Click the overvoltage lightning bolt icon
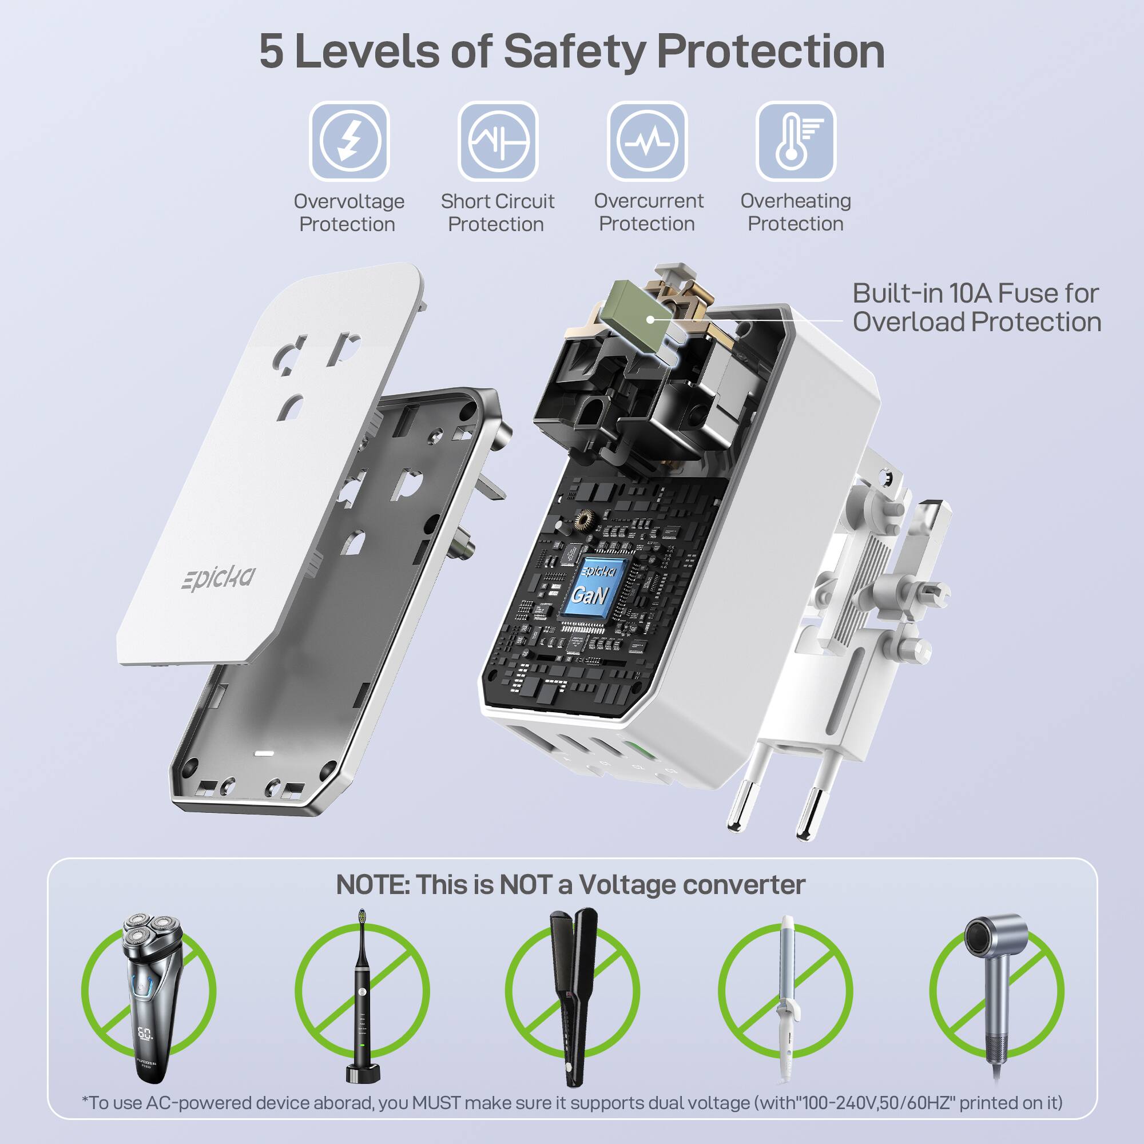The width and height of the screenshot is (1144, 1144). (349, 141)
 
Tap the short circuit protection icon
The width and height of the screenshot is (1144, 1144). (498, 141)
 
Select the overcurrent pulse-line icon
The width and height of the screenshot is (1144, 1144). (646, 141)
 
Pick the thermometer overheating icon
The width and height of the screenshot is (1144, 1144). (795, 141)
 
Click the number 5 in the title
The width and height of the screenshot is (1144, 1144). (271, 51)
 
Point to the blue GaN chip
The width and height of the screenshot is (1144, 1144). (590, 587)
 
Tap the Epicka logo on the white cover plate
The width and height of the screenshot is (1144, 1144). (219, 577)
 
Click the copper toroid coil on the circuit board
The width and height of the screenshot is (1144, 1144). (585, 520)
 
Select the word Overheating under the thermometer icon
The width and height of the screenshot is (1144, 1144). (795, 201)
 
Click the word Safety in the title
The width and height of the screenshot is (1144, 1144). (574, 51)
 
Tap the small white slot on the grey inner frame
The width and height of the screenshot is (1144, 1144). (264, 754)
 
